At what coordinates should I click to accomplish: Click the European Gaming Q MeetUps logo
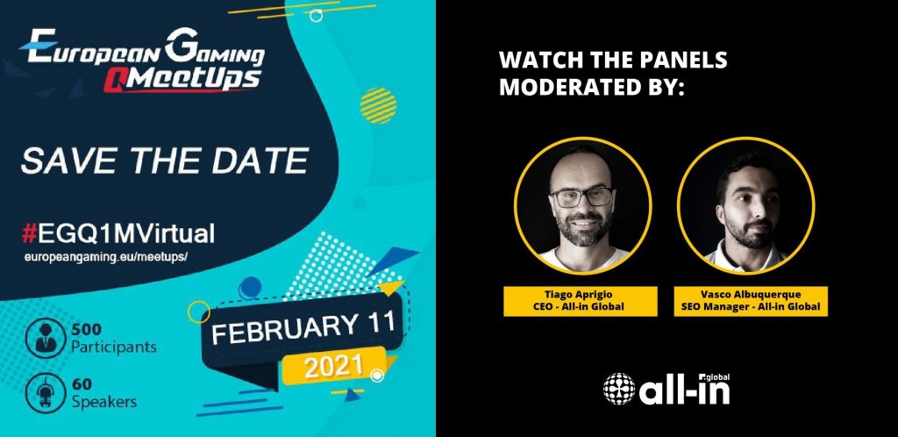[142, 61]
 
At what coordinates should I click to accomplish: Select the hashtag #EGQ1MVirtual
[118, 233]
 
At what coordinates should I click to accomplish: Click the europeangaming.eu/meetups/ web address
[106, 257]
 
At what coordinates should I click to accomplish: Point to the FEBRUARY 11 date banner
[303, 329]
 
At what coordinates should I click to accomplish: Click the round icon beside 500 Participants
[46, 338]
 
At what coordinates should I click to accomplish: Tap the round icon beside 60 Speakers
[46, 393]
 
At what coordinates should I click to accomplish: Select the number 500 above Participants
[87, 329]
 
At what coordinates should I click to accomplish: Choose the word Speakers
[104, 402]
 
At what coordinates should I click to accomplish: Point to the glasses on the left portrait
[581, 197]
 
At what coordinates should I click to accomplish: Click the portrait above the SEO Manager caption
[745, 205]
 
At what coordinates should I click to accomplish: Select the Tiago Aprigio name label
[581, 301]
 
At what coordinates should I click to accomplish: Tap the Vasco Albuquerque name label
[751, 301]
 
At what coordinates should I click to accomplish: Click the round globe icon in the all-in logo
[619, 389]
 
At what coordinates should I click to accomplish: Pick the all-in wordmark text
[684, 390]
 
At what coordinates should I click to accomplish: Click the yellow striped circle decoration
[378, 105]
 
